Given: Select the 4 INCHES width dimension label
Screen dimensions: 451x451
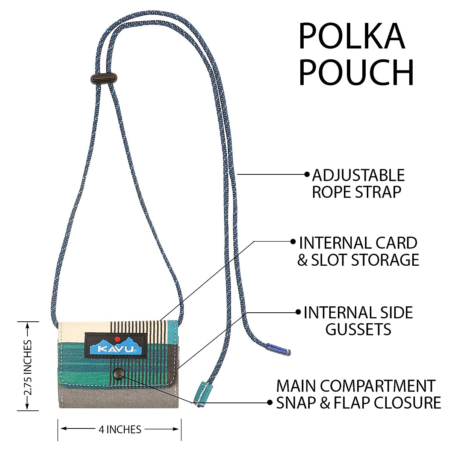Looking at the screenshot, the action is click(120, 429).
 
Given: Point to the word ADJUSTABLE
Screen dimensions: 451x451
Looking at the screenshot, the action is click(358, 176).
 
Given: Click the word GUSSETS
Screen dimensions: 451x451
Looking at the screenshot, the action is click(358, 330).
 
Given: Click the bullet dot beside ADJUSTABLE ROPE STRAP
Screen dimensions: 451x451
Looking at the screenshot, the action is click(307, 174).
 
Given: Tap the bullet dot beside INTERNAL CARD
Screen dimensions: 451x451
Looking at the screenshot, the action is click(293, 242).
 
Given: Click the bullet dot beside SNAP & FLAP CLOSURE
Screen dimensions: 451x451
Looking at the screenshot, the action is click(270, 403).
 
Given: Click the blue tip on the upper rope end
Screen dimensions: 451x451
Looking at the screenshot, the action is click(278, 349).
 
